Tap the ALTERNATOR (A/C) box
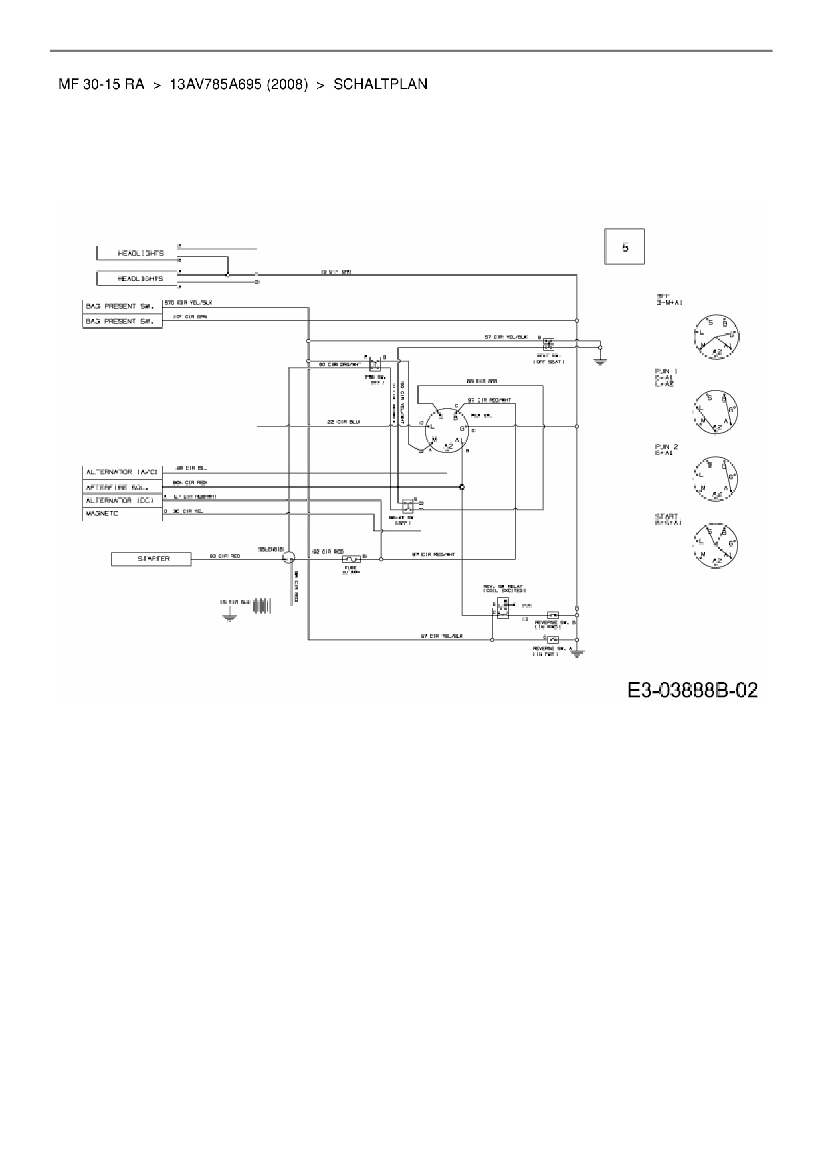122,472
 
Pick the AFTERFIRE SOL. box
122,486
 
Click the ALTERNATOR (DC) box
122,500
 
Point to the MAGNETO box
122,514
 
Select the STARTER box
152,559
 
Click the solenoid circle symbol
288,559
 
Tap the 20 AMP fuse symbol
351,559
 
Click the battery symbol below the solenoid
264,606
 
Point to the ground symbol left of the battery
229,616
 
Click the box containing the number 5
624,247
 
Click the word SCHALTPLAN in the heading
380,85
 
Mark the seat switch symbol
548,345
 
